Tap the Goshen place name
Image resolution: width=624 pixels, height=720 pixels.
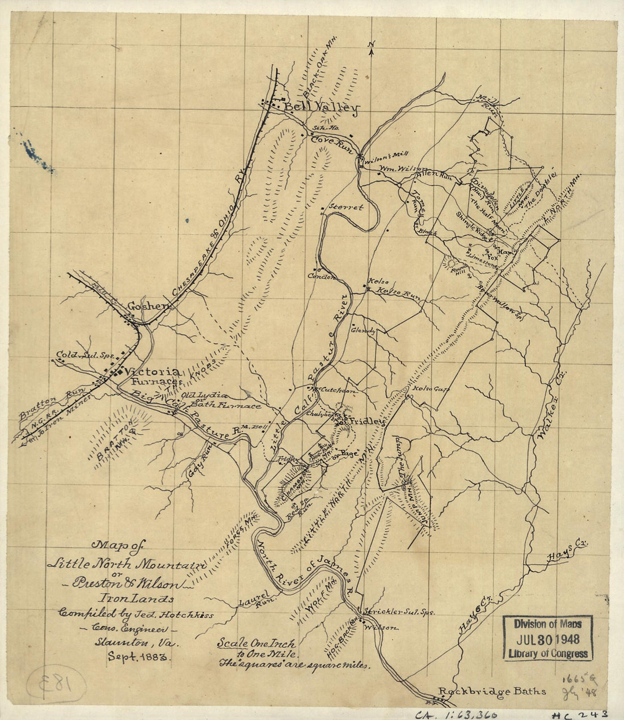[x=149, y=306]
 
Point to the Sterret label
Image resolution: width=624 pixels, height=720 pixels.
[x=345, y=207]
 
